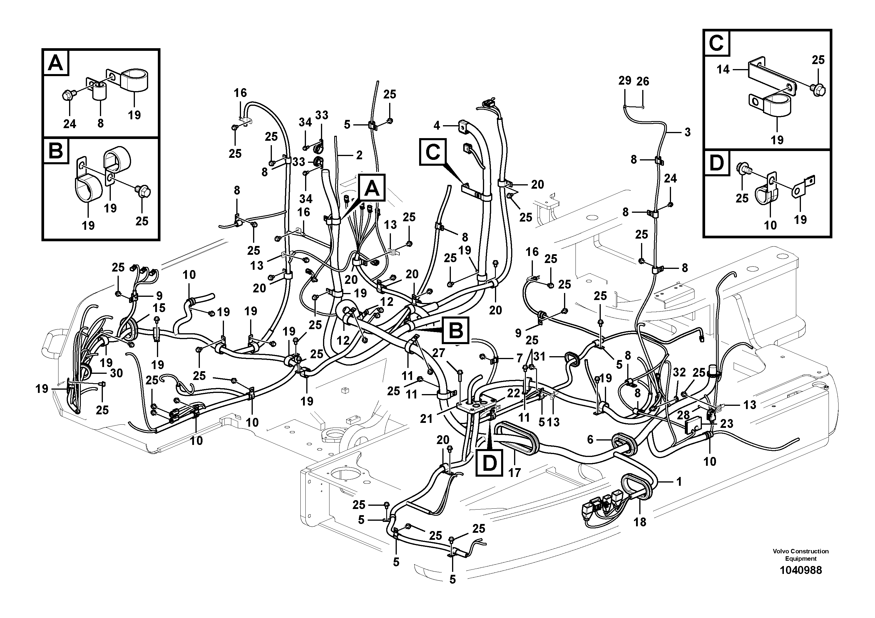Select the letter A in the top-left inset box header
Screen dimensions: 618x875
pos(56,63)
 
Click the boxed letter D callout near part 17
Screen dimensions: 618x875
pos(490,463)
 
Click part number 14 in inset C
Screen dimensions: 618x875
pos(723,69)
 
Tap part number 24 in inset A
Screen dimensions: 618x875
pos(69,123)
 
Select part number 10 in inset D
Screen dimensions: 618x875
pos(770,225)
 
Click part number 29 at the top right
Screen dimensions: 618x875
pos(625,81)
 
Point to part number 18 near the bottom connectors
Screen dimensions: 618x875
pos(640,522)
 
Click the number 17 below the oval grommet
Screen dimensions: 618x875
pos(514,473)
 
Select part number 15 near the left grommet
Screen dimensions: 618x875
pos(159,308)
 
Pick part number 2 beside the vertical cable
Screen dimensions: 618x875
pos(359,155)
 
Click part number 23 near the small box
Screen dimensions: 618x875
pos(727,424)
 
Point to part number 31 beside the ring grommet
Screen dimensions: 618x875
pos(539,357)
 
